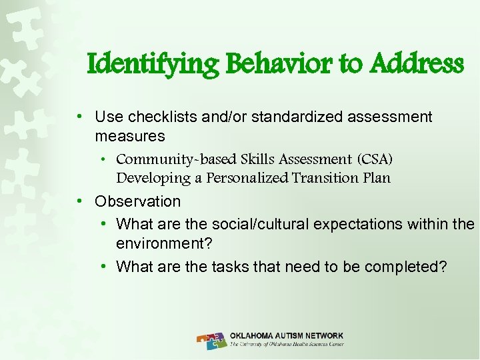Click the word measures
tap(129, 136)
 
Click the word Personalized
tap(247, 178)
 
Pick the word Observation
tap(137, 201)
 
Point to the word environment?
tap(164, 244)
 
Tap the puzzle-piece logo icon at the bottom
tap(212, 340)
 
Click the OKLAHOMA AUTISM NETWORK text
tap(287, 335)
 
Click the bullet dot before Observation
tap(80, 201)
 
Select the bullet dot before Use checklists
tap(80, 117)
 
